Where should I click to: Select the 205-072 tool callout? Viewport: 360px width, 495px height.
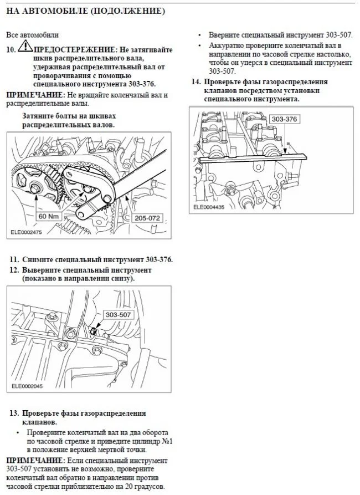pos(147,218)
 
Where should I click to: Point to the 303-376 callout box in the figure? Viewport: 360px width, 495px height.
pos(285,119)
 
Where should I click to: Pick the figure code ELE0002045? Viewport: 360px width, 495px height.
pos(27,387)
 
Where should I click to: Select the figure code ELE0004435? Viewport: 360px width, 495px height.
pos(209,207)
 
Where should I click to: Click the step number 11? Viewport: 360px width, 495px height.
pos(14,259)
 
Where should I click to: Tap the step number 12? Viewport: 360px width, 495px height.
pos(14,270)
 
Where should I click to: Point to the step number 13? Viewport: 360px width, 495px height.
pos(14,413)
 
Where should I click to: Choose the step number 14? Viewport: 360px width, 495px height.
pos(196,82)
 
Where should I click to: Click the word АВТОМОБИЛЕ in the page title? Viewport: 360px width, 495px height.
pos(54,11)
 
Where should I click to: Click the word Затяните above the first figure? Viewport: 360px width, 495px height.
pos(38,116)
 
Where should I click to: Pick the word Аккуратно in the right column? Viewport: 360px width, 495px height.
pos(227,45)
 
